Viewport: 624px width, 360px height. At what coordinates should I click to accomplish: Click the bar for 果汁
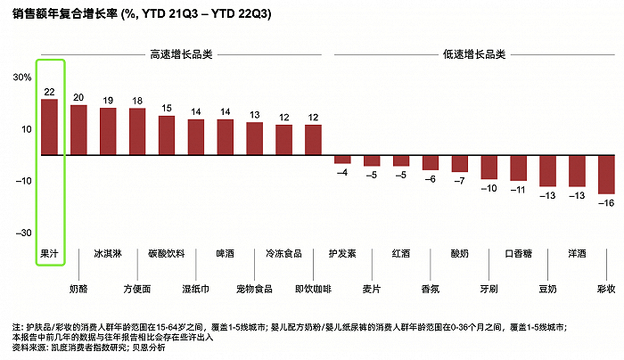[50, 127]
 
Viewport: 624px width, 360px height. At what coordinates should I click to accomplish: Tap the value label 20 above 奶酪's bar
[78, 97]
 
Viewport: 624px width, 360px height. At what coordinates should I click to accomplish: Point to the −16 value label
[606, 202]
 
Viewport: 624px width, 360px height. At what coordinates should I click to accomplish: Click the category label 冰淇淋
[108, 253]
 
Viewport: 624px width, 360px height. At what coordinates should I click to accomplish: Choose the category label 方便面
[137, 289]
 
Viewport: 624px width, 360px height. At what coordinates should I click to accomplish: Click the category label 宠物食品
[254, 289]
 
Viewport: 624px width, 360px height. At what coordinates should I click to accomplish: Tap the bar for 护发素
[342, 160]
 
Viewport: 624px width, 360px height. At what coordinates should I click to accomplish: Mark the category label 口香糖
[519, 253]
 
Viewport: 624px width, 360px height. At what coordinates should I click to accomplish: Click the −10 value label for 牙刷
[489, 188]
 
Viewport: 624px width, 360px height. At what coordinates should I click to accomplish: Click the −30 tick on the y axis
[21, 233]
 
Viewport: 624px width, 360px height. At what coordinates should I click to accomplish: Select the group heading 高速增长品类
[180, 53]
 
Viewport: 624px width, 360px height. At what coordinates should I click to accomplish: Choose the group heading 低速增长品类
[474, 53]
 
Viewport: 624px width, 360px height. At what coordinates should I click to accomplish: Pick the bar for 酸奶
[460, 164]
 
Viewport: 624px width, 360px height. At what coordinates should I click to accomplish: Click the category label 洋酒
[577, 253]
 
